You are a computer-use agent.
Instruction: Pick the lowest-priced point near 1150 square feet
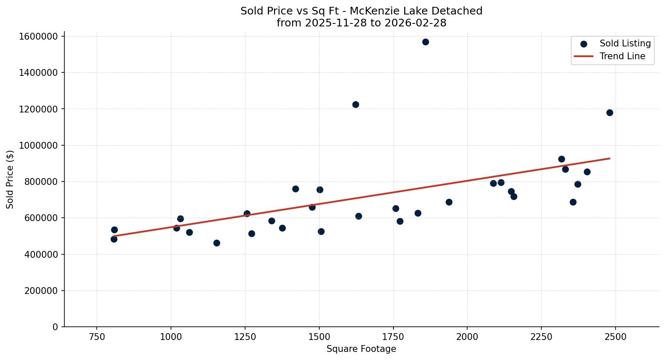[x=217, y=243]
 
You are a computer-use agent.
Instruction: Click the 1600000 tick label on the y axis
[x=38, y=36]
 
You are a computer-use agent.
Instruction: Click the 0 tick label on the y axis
[x=55, y=327]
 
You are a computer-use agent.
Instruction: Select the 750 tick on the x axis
[x=97, y=337]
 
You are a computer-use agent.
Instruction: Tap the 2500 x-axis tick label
[x=615, y=337]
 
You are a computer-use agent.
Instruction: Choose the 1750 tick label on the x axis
[x=393, y=337]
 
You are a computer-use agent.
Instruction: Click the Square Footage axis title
[x=361, y=349]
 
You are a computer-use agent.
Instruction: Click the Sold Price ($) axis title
[x=10, y=179]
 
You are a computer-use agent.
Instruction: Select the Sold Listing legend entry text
[x=625, y=43]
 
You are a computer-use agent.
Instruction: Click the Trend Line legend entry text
[x=622, y=56]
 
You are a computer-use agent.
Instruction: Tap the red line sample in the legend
[x=584, y=56]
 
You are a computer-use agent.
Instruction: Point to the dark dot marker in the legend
[x=584, y=44]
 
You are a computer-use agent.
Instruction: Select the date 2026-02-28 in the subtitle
[x=415, y=23]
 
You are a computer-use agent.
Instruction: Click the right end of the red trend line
[x=610, y=158]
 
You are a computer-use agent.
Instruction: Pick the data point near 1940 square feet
[x=449, y=202]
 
